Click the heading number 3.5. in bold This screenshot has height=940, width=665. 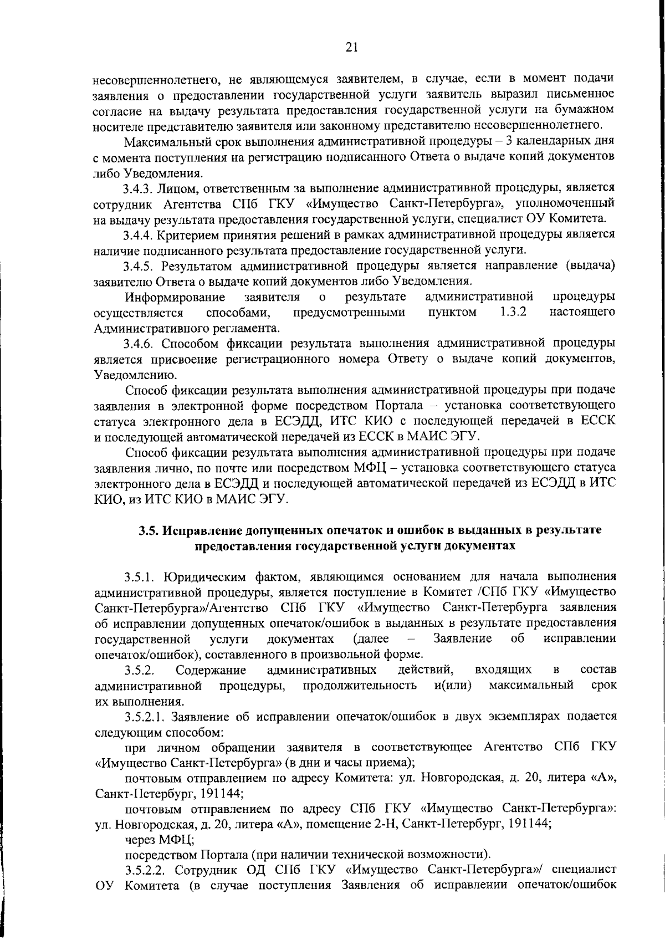tap(150, 530)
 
